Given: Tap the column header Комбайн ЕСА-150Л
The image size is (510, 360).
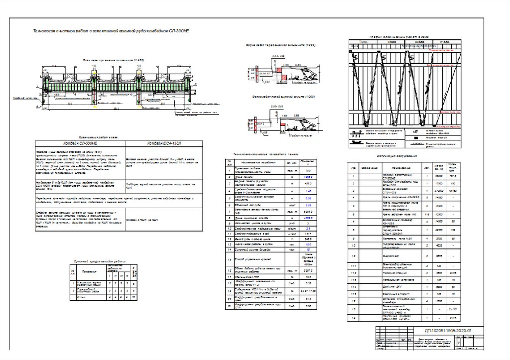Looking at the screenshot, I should tap(163, 143).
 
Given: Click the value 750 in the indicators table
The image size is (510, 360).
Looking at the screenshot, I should tap(308, 171).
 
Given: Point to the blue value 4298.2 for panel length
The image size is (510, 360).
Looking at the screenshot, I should tap(308, 177).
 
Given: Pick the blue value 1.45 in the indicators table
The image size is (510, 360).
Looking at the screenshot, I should tap(308, 191).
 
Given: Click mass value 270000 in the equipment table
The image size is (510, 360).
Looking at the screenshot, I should tap(439, 191).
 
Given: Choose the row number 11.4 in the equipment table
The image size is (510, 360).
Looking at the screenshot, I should tap(353, 287).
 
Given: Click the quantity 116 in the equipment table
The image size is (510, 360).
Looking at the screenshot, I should tap(426, 214).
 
